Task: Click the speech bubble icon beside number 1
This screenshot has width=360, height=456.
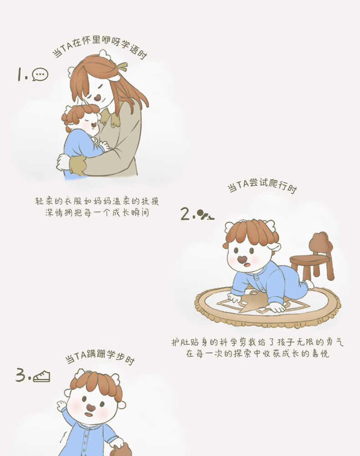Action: coord(40,74)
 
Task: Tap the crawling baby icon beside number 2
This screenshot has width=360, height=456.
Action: coord(206,215)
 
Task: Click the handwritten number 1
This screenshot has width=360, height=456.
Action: coord(20,74)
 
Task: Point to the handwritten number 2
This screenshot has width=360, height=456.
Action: coord(185,214)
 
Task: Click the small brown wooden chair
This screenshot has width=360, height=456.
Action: coord(313,256)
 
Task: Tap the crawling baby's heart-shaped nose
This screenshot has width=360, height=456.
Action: coord(242,259)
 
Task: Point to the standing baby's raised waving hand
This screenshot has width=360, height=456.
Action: coord(62,404)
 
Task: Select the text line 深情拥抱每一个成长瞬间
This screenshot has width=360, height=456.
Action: coord(97,212)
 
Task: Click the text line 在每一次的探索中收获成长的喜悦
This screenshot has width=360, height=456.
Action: coord(257,353)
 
